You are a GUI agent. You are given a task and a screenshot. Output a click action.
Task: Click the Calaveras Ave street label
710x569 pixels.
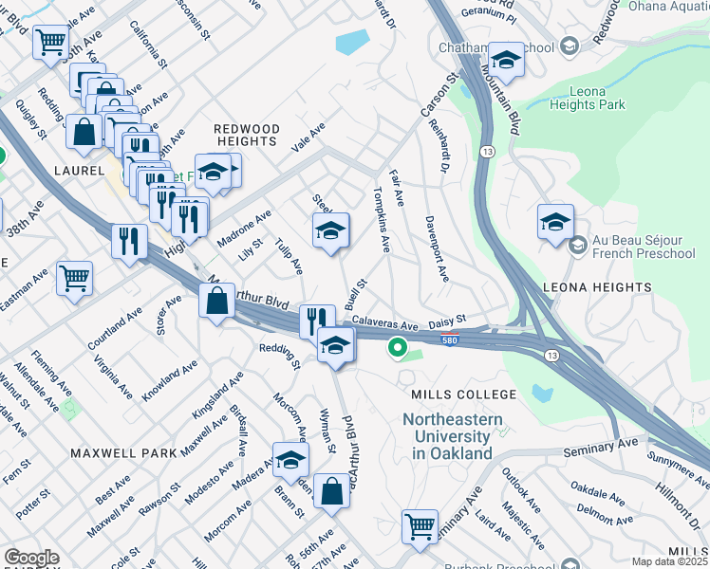[x=385, y=325]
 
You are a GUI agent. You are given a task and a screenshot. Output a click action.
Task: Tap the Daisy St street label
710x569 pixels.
[x=448, y=321]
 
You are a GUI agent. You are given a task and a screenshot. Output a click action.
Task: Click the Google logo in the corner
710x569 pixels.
[x=31, y=559]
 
